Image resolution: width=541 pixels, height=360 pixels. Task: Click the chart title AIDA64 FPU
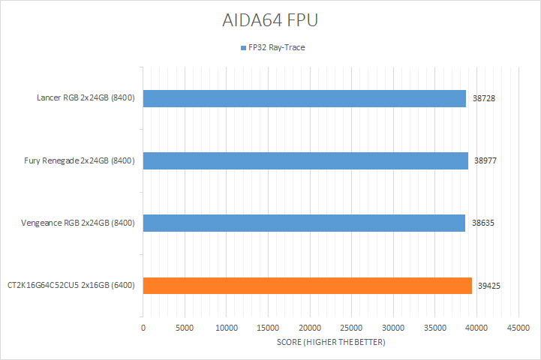(270, 20)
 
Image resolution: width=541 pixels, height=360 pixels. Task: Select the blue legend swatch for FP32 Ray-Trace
(242, 47)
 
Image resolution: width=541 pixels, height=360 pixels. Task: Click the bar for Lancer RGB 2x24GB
(304, 98)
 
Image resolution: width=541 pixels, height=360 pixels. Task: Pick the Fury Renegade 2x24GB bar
(305, 160)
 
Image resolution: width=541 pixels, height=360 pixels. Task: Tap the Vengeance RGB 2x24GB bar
(304, 223)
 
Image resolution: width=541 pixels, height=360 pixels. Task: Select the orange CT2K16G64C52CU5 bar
(307, 285)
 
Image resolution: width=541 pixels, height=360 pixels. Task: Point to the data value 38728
(484, 98)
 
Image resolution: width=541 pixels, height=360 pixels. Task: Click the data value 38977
(486, 160)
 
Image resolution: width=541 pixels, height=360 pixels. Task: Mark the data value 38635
(483, 223)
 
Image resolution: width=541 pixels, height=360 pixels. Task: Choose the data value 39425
(490, 285)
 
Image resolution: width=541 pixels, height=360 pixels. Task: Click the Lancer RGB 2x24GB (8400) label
(86, 98)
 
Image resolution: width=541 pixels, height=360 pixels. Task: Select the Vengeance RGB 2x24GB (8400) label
(79, 223)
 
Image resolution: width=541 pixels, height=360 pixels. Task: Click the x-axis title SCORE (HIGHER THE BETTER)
(331, 343)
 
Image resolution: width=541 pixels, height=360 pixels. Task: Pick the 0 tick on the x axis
(143, 328)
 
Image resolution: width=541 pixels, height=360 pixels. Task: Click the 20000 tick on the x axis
(310, 328)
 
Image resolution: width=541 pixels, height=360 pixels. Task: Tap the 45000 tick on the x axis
(518, 328)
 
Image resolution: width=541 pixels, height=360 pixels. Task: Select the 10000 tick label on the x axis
(227, 328)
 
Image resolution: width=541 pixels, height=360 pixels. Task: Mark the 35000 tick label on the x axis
(435, 328)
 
